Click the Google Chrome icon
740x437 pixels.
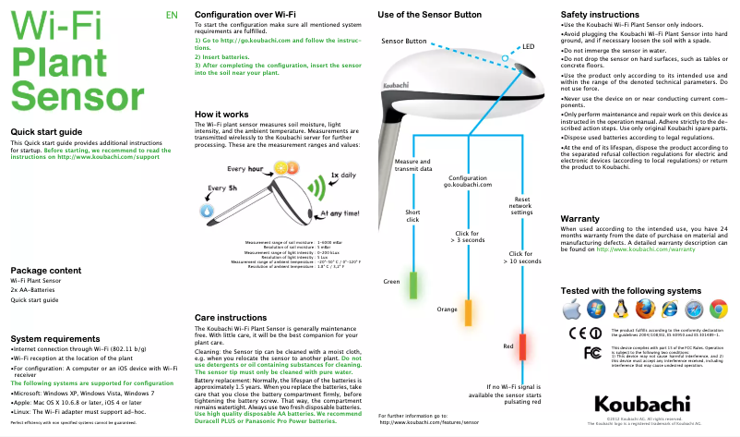(718, 310)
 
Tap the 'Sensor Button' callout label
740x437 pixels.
(403, 42)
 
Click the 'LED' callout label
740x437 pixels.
(528, 46)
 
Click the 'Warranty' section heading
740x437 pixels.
(587, 218)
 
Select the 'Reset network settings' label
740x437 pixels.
(521, 205)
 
